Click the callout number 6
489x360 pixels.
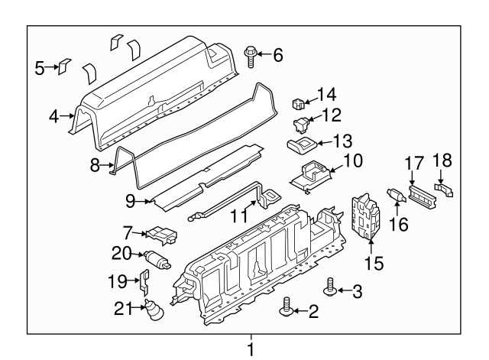click(277, 54)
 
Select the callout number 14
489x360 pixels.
click(326, 95)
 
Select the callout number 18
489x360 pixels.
click(442, 161)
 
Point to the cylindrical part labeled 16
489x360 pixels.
click(397, 197)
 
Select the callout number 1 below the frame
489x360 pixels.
click(250, 350)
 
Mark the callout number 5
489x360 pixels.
click(40, 68)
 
